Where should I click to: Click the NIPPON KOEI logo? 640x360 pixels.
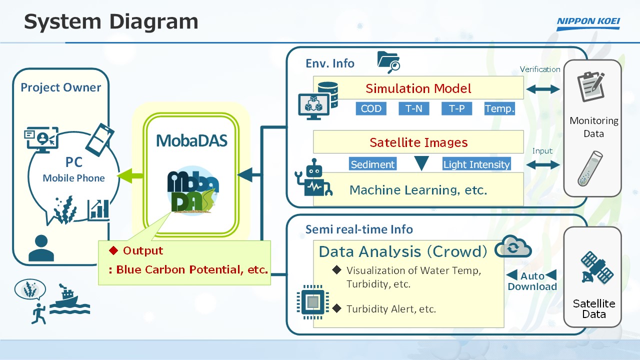pyautogui.click(x=588, y=23)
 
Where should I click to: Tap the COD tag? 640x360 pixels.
pyautogui.click(x=371, y=108)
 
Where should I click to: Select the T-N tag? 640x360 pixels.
pyautogui.click(x=413, y=108)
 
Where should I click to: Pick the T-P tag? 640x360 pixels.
pyautogui.click(x=456, y=108)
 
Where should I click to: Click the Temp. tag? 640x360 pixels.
pyautogui.click(x=499, y=108)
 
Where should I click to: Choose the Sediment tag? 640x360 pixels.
pyautogui.click(x=372, y=164)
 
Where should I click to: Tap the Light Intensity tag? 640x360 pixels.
pyautogui.click(x=476, y=164)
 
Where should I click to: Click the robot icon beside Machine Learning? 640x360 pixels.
pyautogui.click(x=313, y=177)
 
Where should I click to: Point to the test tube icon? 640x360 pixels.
pyautogui.click(x=590, y=168)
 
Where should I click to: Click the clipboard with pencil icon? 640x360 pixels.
pyautogui.click(x=591, y=86)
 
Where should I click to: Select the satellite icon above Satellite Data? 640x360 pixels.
pyautogui.click(x=597, y=267)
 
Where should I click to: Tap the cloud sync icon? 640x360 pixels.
pyautogui.click(x=513, y=246)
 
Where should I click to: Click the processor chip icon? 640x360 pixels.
pyautogui.click(x=312, y=301)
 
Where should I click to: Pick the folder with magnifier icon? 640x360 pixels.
pyautogui.click(x=388, y=62)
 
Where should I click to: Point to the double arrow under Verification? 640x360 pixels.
pyautogui.click(x=543, y=89)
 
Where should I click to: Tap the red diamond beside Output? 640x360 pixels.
pyautogui.click(x=113, y=250)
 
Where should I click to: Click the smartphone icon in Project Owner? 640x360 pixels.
pyautogui.click(x=99, y=139)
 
